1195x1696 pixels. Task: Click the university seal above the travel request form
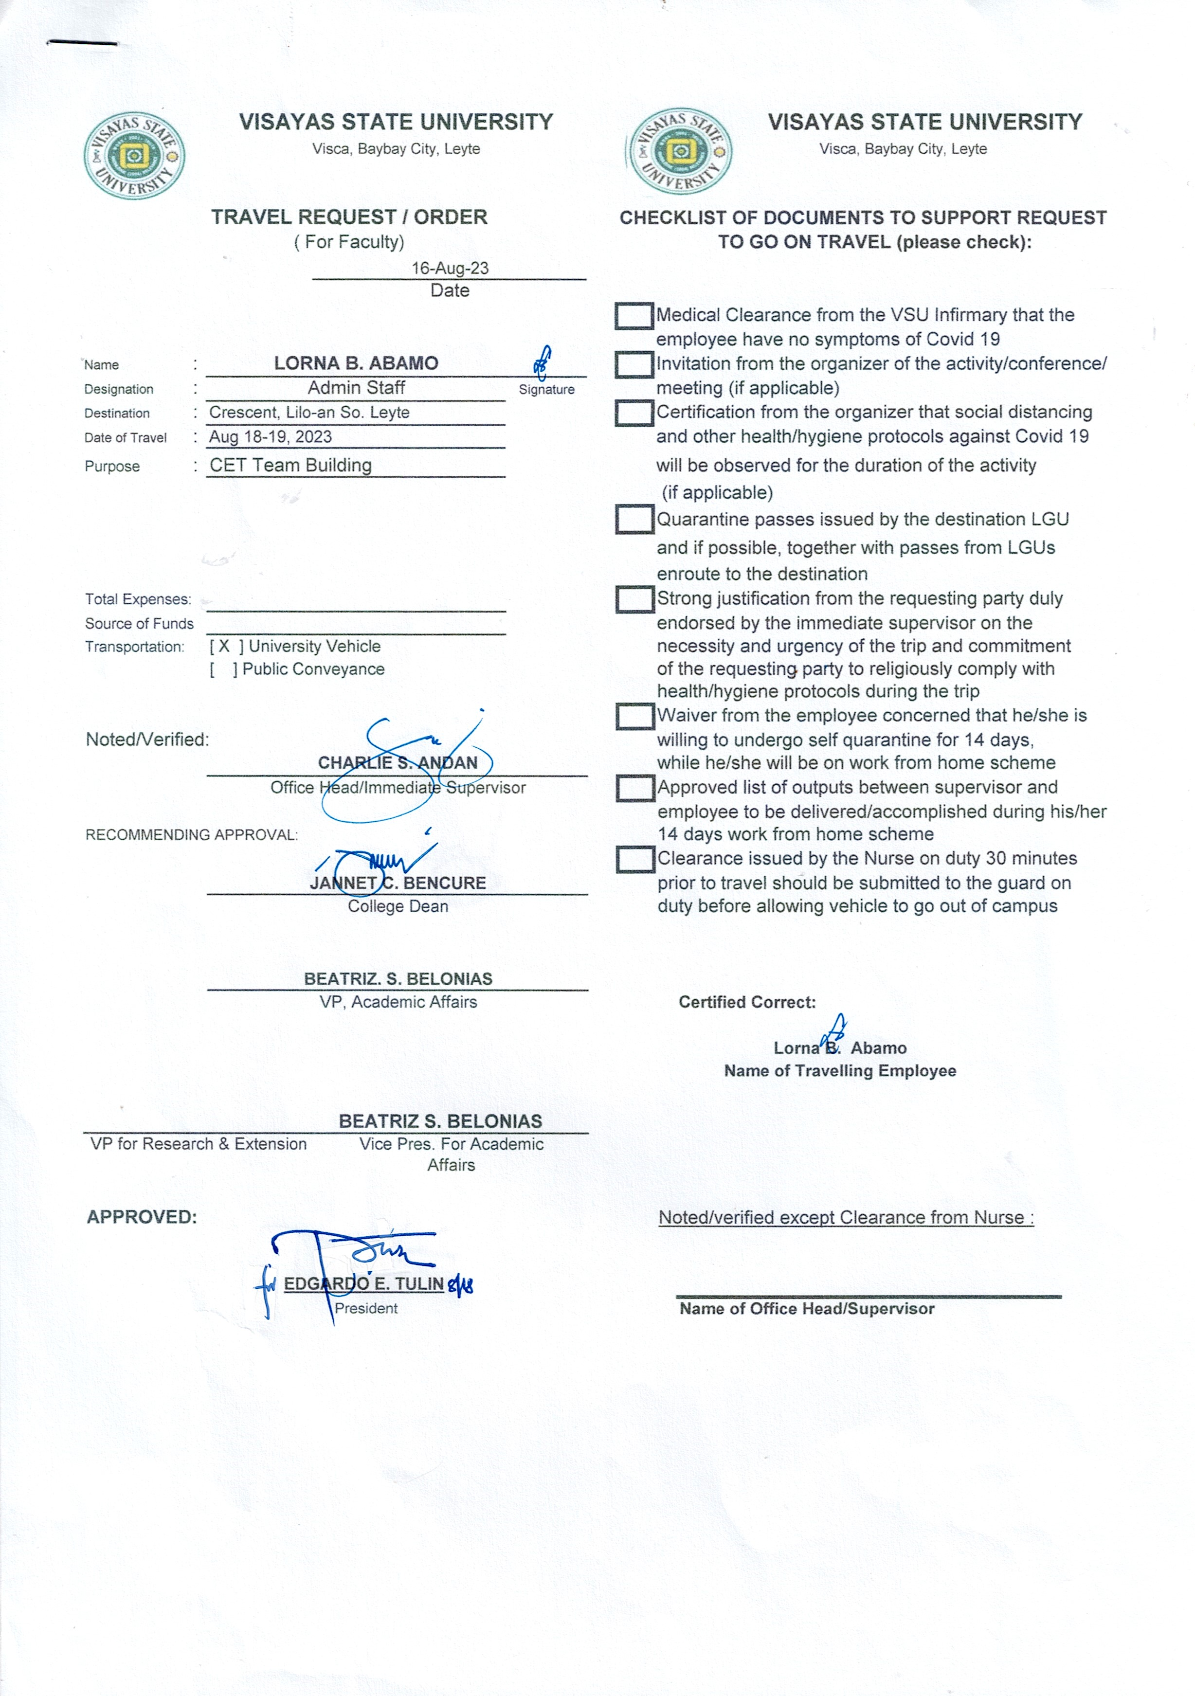coord(134,156)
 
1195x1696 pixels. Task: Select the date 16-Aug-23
coord(450,268)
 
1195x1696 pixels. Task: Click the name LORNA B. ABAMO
coord(356,363)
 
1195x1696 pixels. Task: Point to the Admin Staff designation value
coord(356,388)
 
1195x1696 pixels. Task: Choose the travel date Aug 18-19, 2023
coord(271,436)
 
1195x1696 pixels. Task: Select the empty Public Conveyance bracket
coord(223,669)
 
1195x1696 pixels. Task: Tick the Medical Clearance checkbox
coord(634,316)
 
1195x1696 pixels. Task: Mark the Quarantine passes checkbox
coord(634,519)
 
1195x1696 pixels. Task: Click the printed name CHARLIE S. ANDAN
coord(398,763)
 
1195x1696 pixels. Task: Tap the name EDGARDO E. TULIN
coord(363,1284)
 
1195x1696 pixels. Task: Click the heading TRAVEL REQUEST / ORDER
coord(349,217)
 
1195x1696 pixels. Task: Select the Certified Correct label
coord(747,1002)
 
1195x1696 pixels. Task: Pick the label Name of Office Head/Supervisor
coord(807,1309)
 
